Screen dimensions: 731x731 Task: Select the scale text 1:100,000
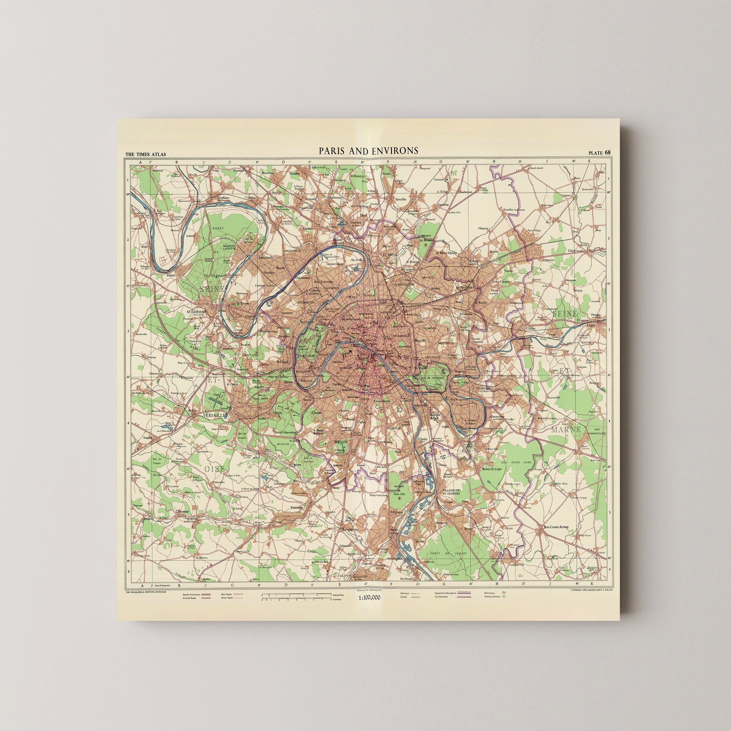click(x=369, y=597)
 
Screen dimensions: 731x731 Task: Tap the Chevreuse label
click(x=182, y=511)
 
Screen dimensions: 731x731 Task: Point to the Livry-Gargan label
click(x=501, y=281)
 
